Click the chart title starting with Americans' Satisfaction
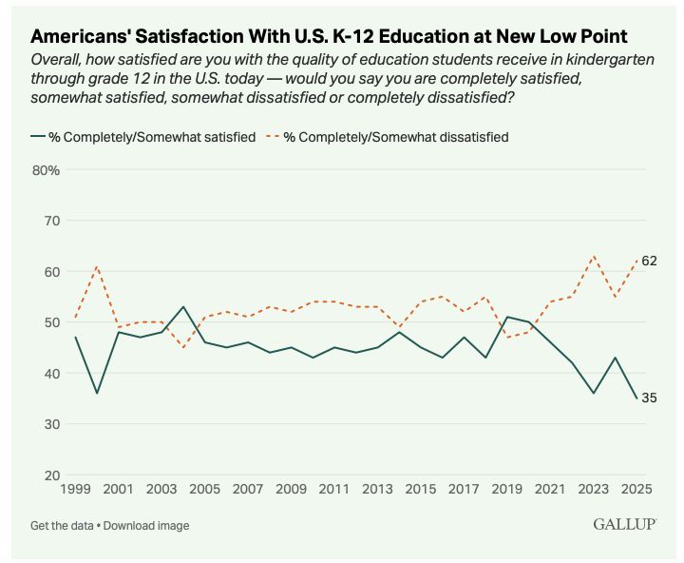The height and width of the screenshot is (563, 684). point(329,36)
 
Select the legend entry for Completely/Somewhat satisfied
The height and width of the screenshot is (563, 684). point(143,137)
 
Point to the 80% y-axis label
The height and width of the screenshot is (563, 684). point(47,170)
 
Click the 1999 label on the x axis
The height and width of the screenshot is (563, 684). point(75,489)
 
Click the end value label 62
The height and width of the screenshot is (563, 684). point(650,261)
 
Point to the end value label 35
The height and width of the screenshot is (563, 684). point(650,398)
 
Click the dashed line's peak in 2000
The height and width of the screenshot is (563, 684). point(96,266)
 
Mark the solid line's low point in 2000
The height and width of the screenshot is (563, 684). point(96,393)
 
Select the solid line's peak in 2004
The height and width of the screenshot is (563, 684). point(183,306)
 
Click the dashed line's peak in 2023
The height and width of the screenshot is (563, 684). point(594,256)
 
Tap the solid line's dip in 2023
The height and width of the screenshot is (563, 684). point(594,393)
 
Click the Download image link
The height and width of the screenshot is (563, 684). point(147,525)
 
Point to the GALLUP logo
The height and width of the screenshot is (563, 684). point(624,524)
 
